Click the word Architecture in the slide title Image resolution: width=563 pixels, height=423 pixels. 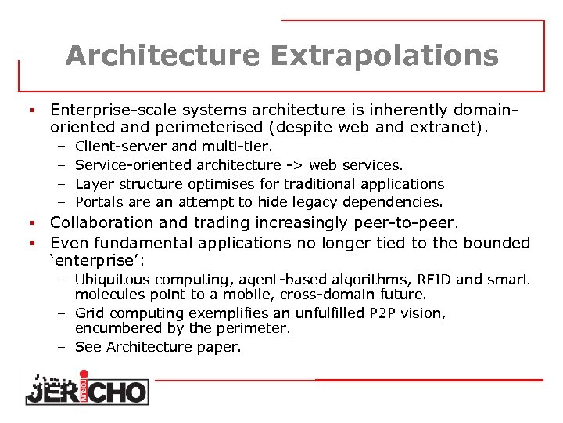tap(162, 56)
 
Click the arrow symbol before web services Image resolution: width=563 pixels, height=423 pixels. tap(295, 165)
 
